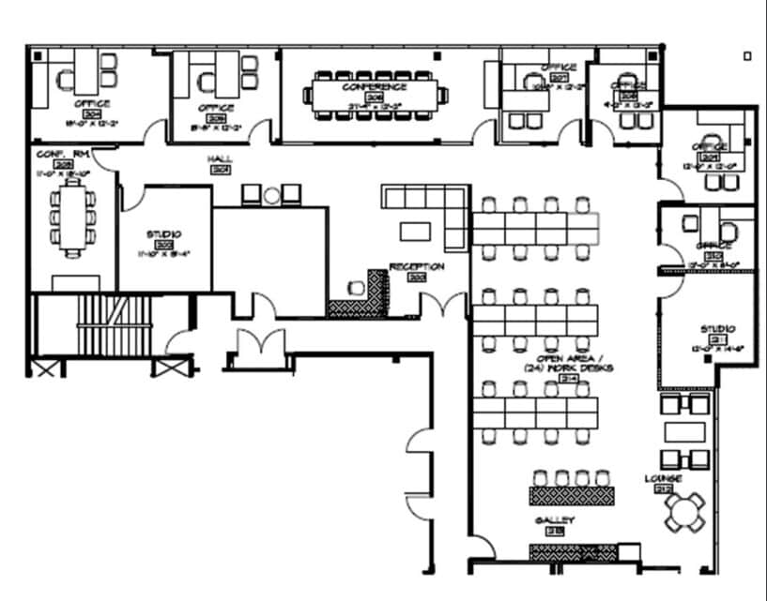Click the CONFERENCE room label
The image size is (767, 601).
374,86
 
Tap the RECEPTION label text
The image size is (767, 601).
416,266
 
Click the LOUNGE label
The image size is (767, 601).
663,478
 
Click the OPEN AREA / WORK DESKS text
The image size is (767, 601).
574,364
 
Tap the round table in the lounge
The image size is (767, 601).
684,512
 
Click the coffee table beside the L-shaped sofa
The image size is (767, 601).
414,230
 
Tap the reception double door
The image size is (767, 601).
441,304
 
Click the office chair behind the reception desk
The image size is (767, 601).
356,287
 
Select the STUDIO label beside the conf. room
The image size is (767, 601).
163,233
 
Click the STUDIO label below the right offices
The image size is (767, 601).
717,329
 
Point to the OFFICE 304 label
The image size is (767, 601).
91,104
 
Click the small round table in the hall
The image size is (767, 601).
272,195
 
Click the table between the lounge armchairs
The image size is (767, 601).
684,431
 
